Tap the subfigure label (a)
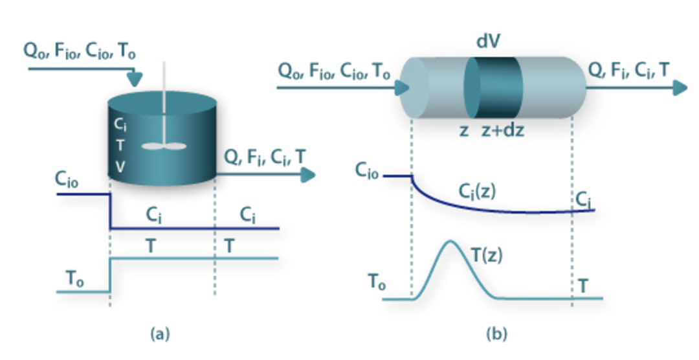pos(160,334)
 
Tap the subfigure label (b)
pos(496,334)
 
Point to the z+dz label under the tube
pos(502,130)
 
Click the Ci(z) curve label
pos(477,191)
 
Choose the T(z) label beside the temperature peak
pos(486,254)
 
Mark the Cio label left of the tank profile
pos(67,181)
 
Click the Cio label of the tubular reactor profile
pos(367,170)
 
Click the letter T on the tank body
pos(120,145)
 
